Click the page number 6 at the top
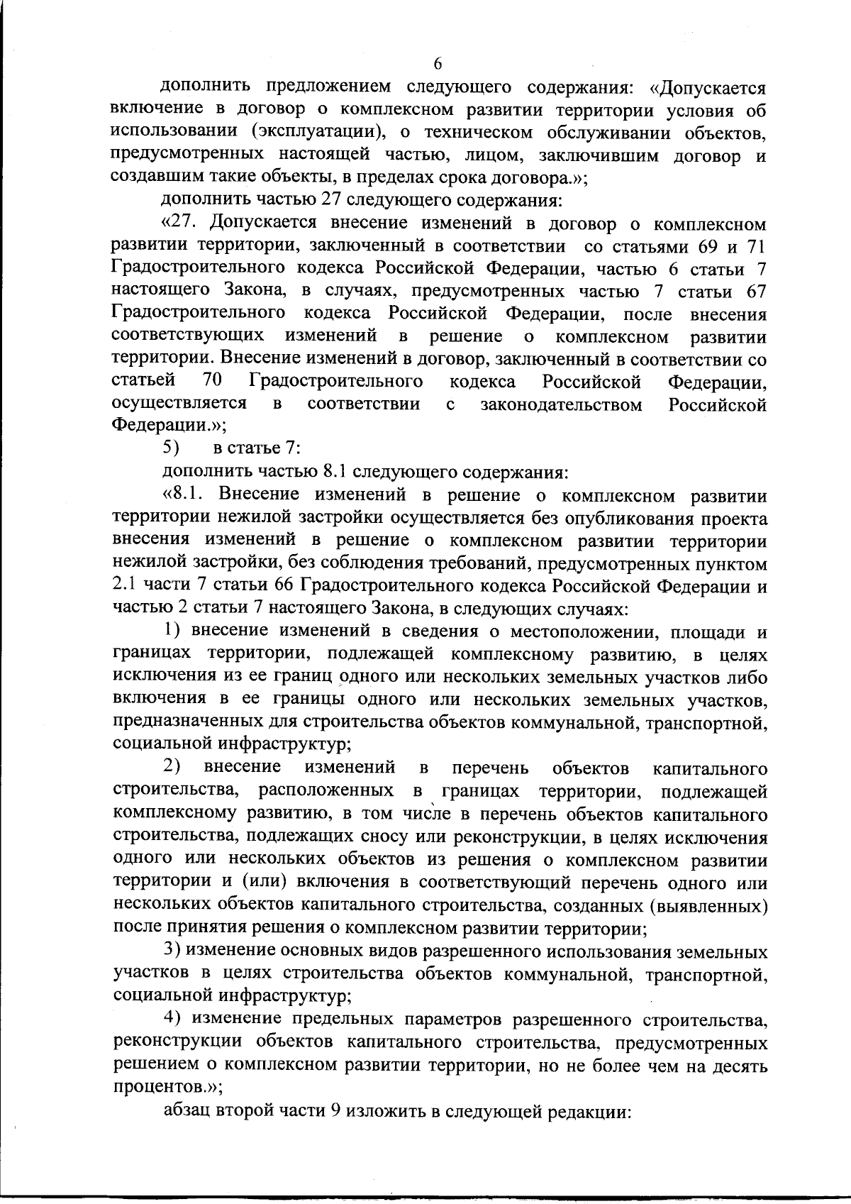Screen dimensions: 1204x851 click(x=438, y=64)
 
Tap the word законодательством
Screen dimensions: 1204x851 click(x=562, y=405)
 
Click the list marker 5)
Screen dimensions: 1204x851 click(x=172, y=450)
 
